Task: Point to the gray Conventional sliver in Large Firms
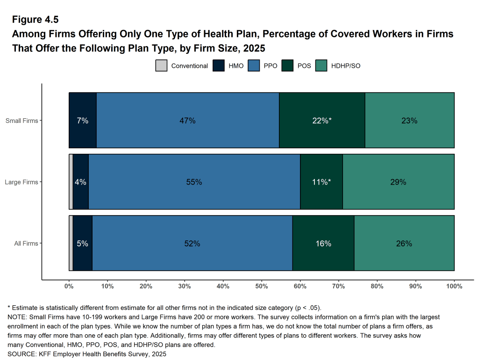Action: [71, 182]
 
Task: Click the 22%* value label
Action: [321, 121]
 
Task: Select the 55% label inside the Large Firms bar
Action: [194, 182]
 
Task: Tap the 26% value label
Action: [404, 244]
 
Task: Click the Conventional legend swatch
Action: [161, 66]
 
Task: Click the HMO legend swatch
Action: [218, 66]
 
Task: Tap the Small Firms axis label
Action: [21, 121]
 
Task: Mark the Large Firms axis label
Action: [21, 182]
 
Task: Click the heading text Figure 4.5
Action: [35, 20]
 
